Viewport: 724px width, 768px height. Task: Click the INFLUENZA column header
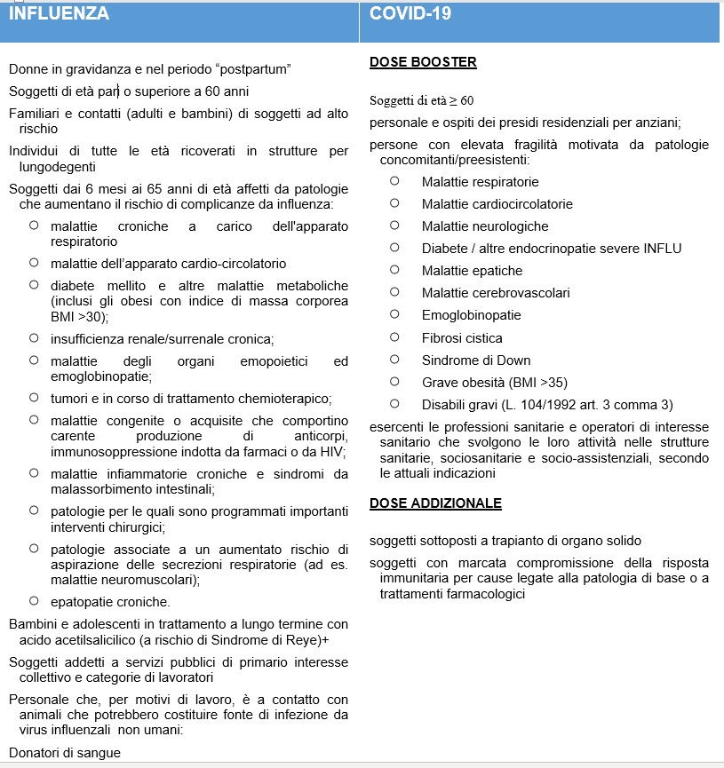(x=60, y=13)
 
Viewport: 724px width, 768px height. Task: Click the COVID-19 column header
(x=410, y=13)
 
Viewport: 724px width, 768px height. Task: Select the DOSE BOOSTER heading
(x=423, y=62)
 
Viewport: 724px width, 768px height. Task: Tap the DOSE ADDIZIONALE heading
(x=435, y=503)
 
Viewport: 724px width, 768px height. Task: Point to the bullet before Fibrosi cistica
(x=394, y=337)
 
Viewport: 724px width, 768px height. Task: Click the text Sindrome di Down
(x=476, y=360)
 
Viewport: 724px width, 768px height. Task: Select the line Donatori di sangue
(x=65, y=753)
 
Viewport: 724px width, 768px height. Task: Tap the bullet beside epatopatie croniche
(x=34, y=600)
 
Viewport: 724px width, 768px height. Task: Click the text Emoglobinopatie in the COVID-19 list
(x=471, y=315)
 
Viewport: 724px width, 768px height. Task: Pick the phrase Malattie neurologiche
(x=485, y=226)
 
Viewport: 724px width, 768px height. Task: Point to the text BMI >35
(x=550, y=383)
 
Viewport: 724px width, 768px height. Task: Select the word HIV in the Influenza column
(x=333, y=451)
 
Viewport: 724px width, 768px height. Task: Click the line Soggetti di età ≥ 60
(x=421, y=100)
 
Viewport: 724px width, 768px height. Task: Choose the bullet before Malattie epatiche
(x=394, y=270)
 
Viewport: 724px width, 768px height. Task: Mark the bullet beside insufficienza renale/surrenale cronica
(x=34, y=337)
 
